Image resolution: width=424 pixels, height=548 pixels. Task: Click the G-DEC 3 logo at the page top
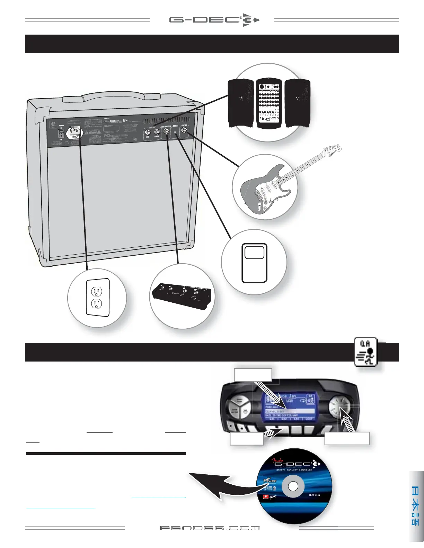tap(214, 20)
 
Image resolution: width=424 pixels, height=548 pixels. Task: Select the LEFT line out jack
tap(148, 132)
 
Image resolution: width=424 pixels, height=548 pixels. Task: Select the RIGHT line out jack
tap(157, 132)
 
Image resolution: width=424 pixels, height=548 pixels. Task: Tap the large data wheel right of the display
tap(338, 405)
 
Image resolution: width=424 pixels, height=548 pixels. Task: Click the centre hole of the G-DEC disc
tap(293, 486)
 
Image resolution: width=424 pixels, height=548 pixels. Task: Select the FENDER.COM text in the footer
tap(210, 528)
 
